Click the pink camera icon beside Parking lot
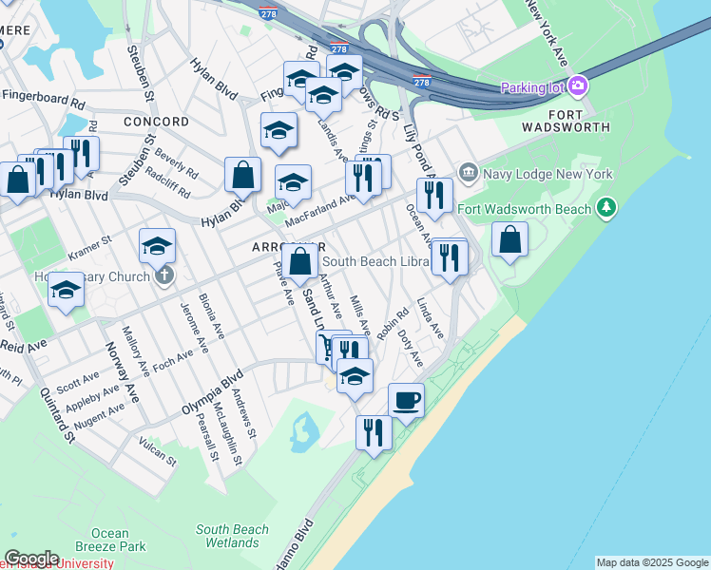[x=578, y=87]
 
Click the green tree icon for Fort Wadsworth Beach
[x=605, y=208]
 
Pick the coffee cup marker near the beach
[x=406, y=400]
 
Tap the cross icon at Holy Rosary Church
[x=163, y=276]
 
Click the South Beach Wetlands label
[x=233, y=536]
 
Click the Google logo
[x=30, y=558]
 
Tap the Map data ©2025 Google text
[x=652, y=562]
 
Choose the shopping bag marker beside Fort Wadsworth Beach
[x=510, y=240]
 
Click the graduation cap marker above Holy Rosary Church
[x=157, y=247]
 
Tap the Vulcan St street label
[x=158, y=452]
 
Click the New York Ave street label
[x=548, y=34]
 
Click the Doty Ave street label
[x=409, y=348]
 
